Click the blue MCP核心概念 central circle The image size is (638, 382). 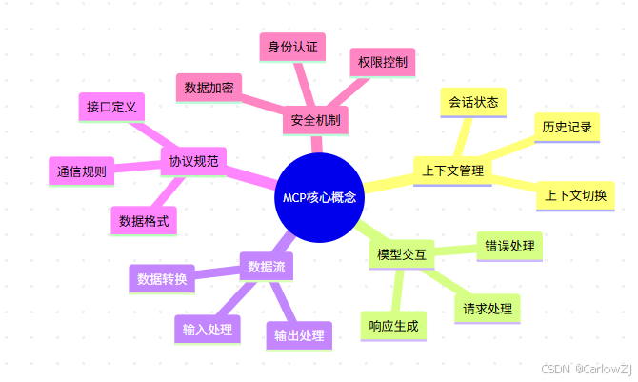click(x=320, y=197)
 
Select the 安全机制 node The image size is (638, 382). click(x=315, y=121)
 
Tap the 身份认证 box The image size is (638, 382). click(x=292, y=46)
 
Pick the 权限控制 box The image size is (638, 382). click(x=383, y=63)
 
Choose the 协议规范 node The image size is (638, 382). click(x=194, y=162)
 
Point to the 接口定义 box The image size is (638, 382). click(x=111, y=106)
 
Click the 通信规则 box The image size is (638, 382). click(x=81, y=172)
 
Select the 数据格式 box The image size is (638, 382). click(x=144, y=221)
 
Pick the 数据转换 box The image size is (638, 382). click(x=162, y=279)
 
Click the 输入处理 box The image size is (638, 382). click(x=208, y=330)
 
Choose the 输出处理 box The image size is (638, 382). click(x=299, y=334)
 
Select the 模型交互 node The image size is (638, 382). click(x=401, y=254)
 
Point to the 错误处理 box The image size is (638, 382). click(x=508, y=245)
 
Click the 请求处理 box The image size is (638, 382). click(x=488, y=309)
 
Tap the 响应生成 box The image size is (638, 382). click(x=393, y=326)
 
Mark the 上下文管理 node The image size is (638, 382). click(x=453, y=171)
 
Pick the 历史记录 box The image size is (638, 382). click(x=567, y=127)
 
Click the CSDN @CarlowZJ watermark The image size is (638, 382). click(x=586, y=368)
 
